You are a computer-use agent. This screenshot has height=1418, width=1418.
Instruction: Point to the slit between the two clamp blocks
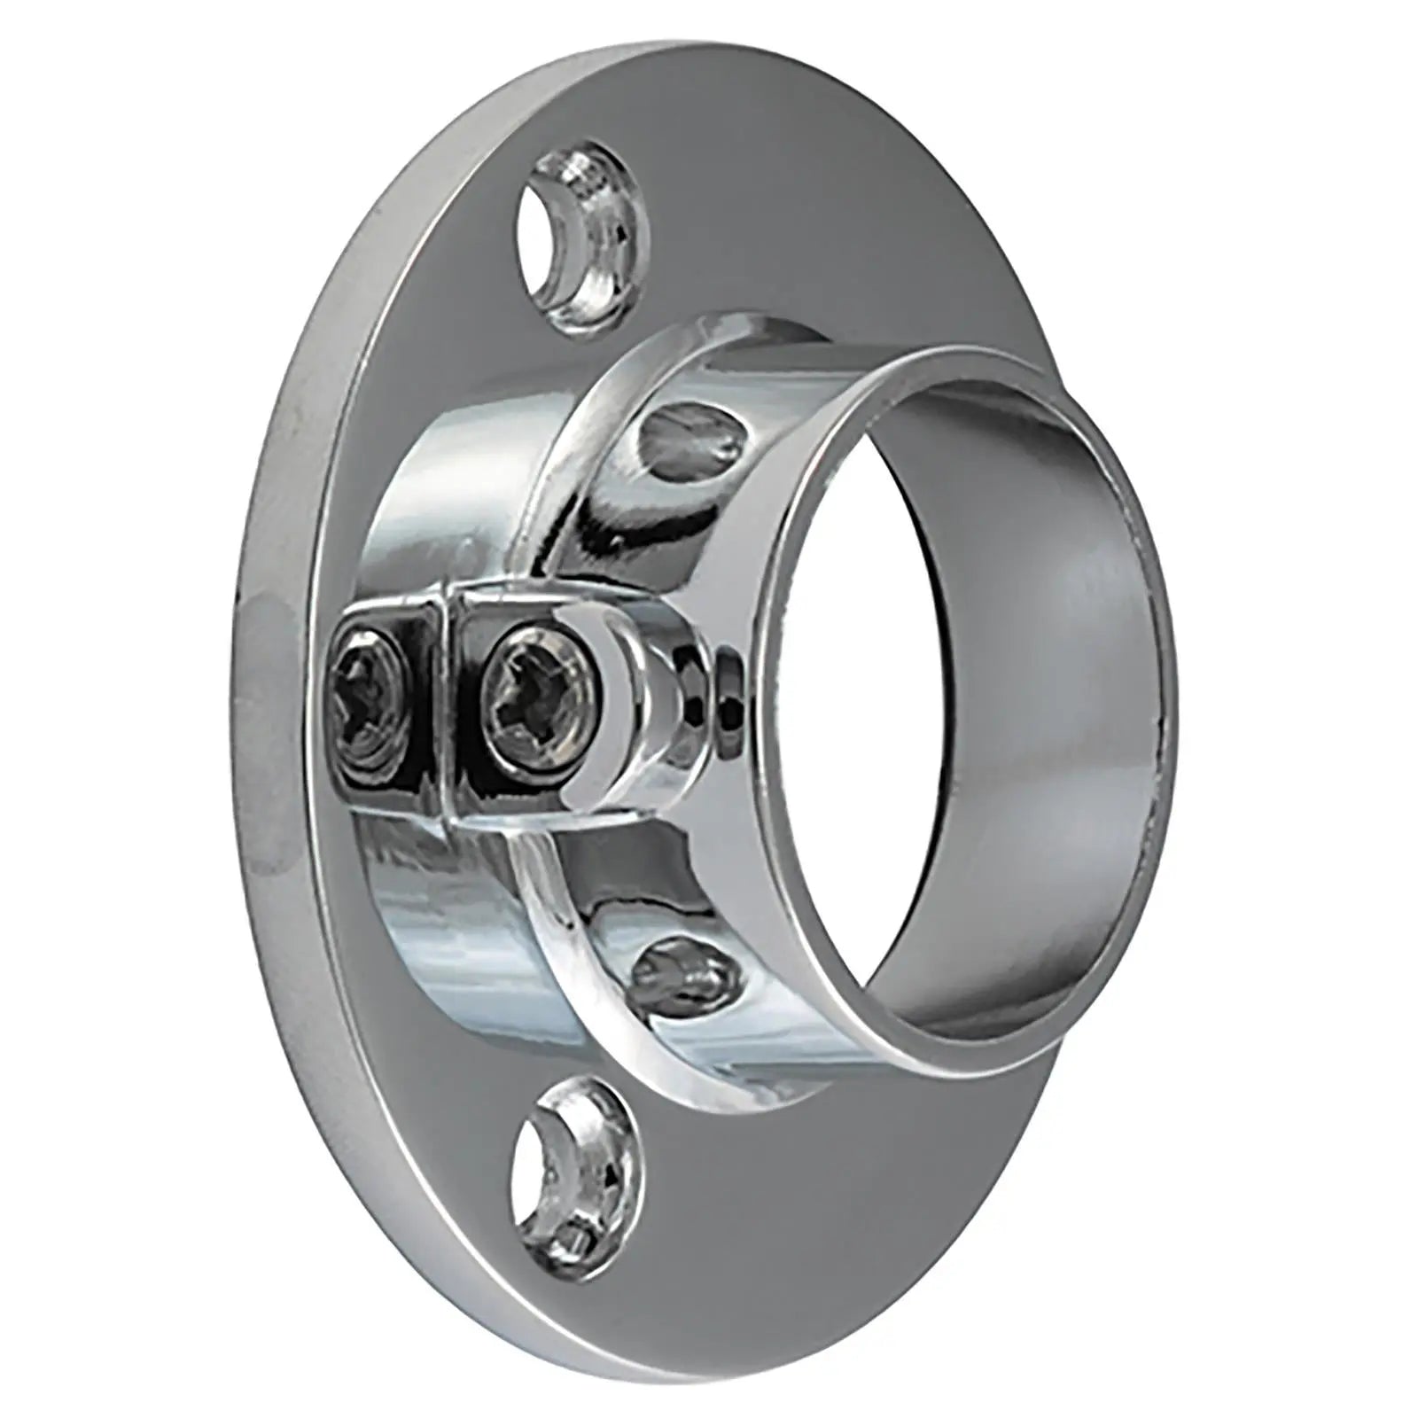[x=444, y=700]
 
